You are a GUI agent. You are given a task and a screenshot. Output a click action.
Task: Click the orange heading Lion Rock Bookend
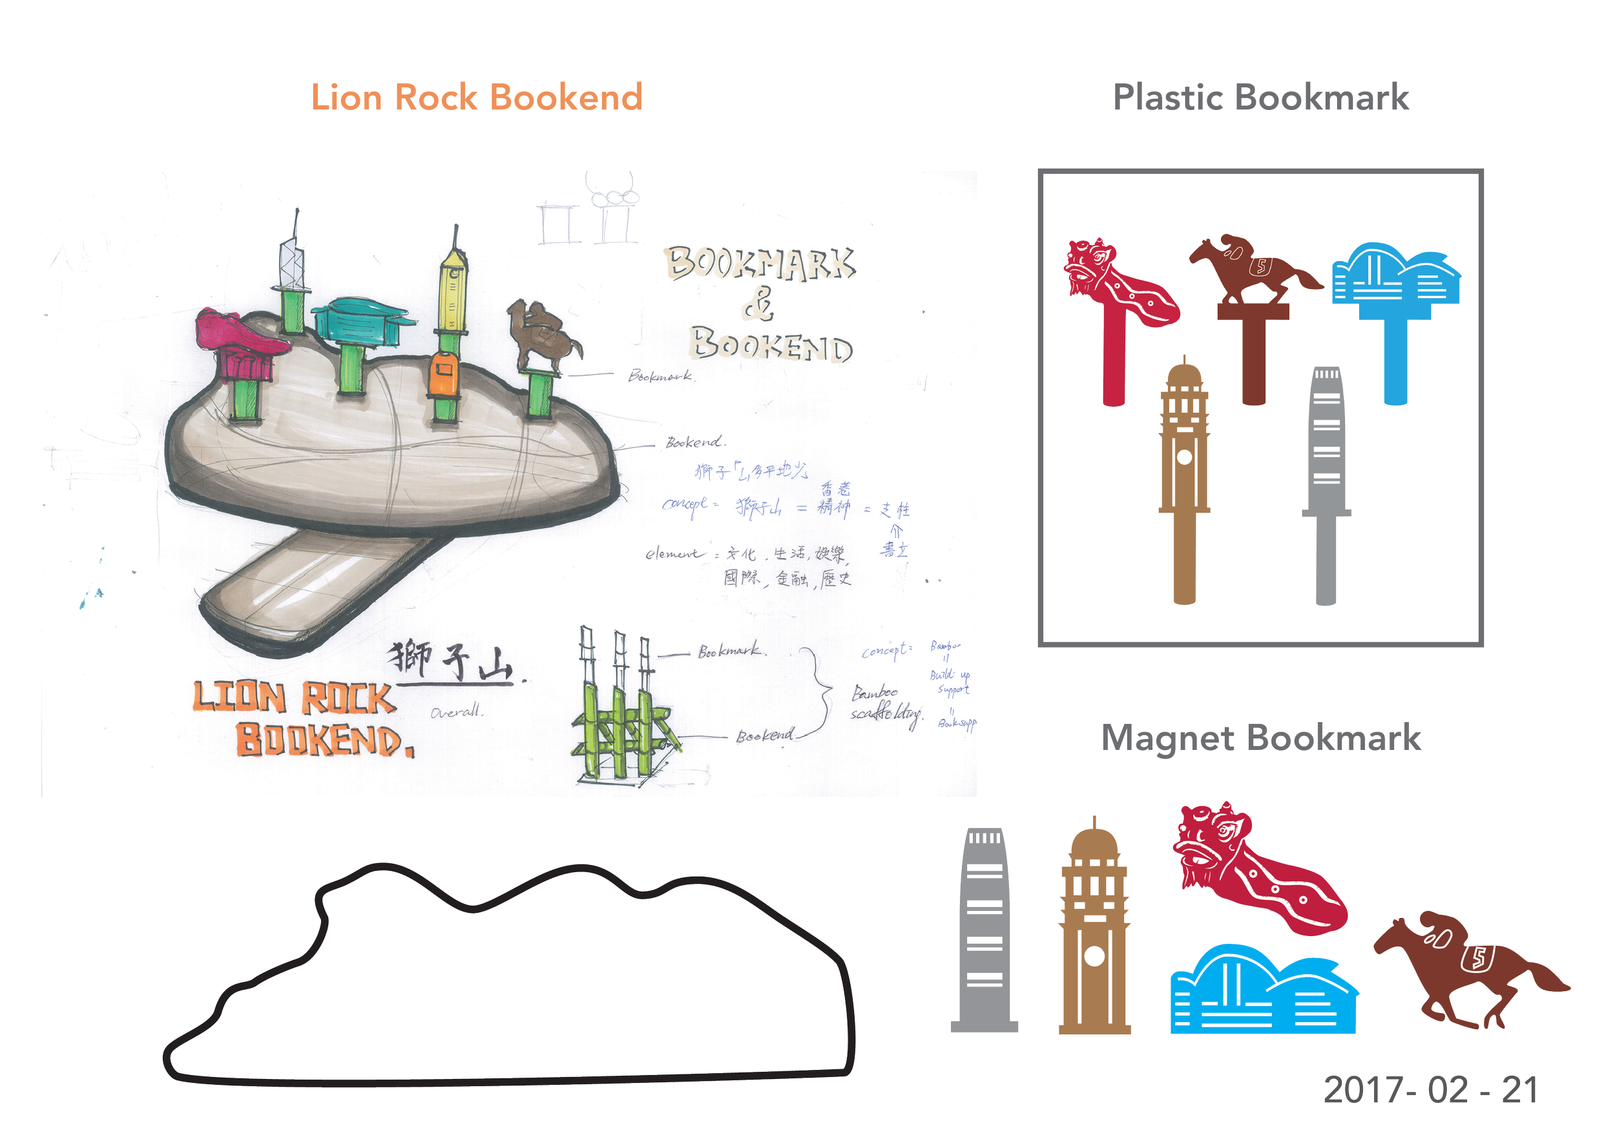coord(476,98)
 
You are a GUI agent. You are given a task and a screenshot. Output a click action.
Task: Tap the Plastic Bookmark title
coord(1261,98)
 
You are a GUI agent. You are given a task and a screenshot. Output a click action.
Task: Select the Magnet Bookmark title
coord(1260,738)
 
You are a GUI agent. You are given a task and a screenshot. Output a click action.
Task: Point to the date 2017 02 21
coord(1430,1090)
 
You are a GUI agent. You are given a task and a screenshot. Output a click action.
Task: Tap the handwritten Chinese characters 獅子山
coord(453,661)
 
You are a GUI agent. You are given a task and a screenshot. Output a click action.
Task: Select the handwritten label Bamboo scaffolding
coord(883,704)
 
